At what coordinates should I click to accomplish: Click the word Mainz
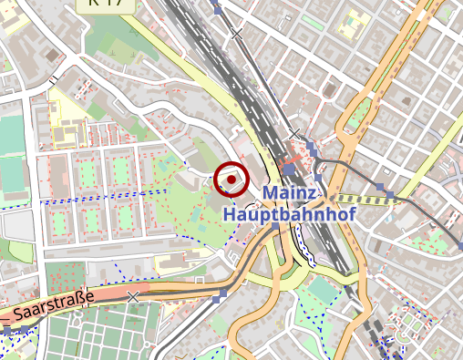coord(290,194)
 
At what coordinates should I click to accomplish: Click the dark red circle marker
coord(231,179)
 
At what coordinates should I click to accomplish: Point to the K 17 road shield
coord(110,4)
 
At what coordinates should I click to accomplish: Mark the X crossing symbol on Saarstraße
coord(134,297)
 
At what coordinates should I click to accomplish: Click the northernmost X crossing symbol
coord(237,34)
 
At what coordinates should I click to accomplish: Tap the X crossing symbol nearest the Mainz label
coord(294,135)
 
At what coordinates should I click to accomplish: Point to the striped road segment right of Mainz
coord(360,198)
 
